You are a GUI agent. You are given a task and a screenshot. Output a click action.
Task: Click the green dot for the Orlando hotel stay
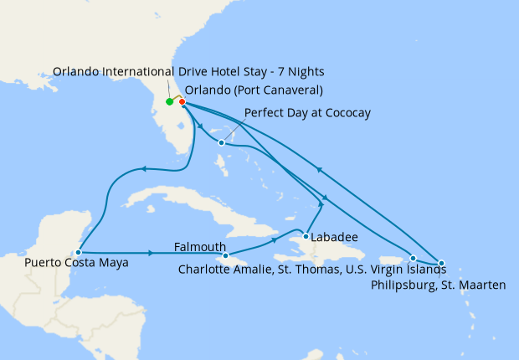[x=170, y=102]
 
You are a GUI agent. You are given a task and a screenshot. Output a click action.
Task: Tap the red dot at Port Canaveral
[x=182, y=102]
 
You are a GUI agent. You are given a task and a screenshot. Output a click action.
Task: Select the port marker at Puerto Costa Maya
[x=78, y=251]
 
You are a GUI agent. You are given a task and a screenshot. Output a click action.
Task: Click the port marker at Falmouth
[x=227, y=255]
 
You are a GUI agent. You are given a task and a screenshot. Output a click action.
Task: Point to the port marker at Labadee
[x=306, y=236]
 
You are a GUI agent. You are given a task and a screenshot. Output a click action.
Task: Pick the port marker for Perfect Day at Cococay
[x=221, y=142]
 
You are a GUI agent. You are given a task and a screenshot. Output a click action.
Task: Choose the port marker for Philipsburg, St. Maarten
[x=441, y=263]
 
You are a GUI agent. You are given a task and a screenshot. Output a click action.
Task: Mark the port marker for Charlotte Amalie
[x=413, y=258]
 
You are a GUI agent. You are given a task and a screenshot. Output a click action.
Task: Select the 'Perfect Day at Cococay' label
[x=307, y=112]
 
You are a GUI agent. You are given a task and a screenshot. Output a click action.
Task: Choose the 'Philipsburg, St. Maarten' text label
[x=437, y=285]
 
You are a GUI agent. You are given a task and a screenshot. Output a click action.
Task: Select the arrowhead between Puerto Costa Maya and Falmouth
[x=152, y=252]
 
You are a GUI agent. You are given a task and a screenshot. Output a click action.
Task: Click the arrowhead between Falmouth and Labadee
[x=275, y=240]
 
